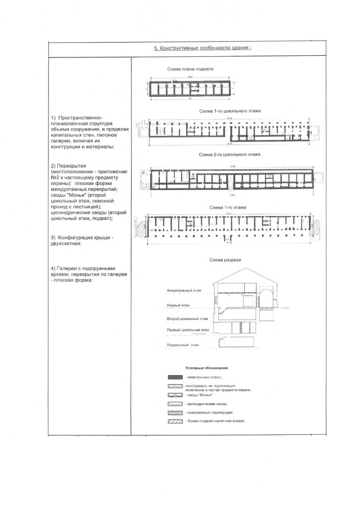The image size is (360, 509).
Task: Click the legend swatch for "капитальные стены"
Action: [175, 377]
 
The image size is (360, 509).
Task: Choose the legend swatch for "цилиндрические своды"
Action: [175, 404]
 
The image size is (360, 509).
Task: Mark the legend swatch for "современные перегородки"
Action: [175, 413]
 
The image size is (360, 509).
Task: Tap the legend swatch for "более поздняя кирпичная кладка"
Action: [175, 422]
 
